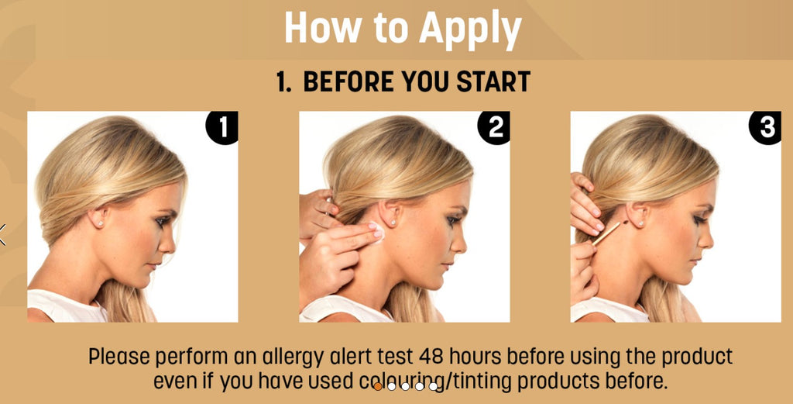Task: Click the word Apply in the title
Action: (x=470, y=29)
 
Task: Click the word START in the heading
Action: (x=493, y=82)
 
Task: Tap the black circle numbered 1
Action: (x=222, y=128)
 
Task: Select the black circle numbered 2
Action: (x=493, y=128)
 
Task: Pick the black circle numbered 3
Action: (x=765, y=128)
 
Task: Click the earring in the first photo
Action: (x=101, y=223)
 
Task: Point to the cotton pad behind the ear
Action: (x=376, y=231)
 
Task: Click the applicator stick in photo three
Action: (x=609, y=233)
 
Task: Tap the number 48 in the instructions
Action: (x=431, y=357)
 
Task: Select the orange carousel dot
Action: (x=378, y=386)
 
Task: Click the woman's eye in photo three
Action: (x=700, y=219)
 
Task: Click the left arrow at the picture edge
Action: (x=2, y=234)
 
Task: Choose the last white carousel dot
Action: (x=434, y=386)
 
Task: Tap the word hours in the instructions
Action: (x=475, y=357)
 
